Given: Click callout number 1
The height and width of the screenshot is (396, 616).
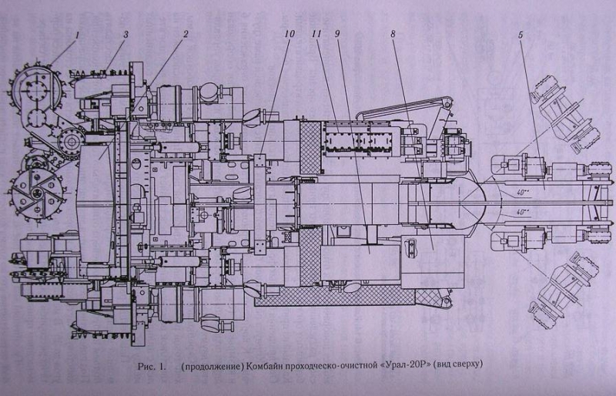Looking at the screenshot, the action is click(x=78, y=35).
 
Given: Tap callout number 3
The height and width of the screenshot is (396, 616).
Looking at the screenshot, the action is click(x=126, y=35).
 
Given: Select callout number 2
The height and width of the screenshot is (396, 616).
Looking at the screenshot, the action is click(x=186, y=34).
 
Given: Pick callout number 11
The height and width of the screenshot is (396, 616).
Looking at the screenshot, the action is click(x=316, y=34).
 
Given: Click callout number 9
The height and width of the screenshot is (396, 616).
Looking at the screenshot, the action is click(x=336, y=34).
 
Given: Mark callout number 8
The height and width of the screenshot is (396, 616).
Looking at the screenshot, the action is click(x=393, y=34).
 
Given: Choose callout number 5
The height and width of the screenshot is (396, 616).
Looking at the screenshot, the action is click(x=521, y=35).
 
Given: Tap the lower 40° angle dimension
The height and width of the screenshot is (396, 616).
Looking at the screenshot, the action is click(x=523, y=213).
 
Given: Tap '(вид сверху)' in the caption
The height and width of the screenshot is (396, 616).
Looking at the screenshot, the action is click(x=458, y=365).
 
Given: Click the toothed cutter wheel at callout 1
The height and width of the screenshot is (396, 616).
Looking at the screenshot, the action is click(x=35, y=87).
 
